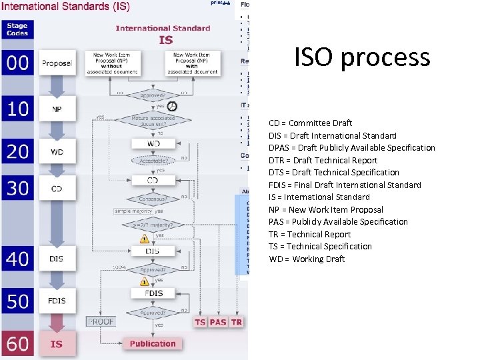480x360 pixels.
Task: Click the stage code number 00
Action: (x=18, y=63)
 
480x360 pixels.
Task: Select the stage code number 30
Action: (x=18, y=189)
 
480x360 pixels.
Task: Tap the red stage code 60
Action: (x=18, y=344)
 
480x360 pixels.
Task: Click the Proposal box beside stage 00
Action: (x=57, y=63)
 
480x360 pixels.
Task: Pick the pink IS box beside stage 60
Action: (x=57, y=344)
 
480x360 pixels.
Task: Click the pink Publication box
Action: (x=153, y=344)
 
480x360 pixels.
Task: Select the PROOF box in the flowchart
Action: (x=101, y=321)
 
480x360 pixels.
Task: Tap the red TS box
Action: (x=200, y=322)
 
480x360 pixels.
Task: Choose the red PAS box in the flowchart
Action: (x=218, y=322)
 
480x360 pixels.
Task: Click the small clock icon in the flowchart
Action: (x=172, y=107)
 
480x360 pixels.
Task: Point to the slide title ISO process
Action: (x=362, y=57)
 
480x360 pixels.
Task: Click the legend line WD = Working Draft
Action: (x=307, y=259)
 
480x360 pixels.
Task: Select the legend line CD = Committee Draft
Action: (x=310, y=123)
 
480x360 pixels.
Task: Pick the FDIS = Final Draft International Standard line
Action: (x=345, y=185)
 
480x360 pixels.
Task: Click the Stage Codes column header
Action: (x=17, y=30)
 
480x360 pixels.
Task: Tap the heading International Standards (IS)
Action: (x=65, y=7)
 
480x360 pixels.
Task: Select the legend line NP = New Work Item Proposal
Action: (x=326, y=209)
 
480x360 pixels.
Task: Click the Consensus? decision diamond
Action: (x=153, y=198)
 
